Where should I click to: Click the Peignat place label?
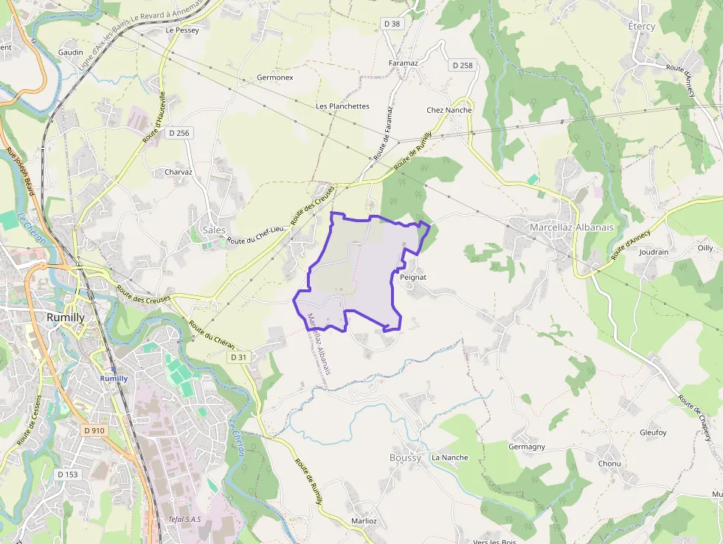pos(413,277)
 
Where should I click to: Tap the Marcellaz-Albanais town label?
pos(571,227)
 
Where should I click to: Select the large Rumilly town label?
pos(66,317)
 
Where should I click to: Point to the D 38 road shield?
pos(392,24)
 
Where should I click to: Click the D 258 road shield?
pos(461,65)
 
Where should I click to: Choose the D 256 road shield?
pos(179,133)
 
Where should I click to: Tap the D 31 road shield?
pos(238,357)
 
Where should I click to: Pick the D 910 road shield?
pos(94,430)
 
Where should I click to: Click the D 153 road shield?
pos(67,474)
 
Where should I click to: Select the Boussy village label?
pos(405,458)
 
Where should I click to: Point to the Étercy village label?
pos(641,27)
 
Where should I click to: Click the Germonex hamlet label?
pos(275,78)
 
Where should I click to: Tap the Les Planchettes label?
pos(342,106)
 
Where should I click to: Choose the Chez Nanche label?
pos(449,110)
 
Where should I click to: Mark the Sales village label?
pos(214,230)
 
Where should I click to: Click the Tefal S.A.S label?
pos(184,519)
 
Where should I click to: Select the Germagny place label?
pos(527,447)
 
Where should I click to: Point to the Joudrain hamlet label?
pos(654,252)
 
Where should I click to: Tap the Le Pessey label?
pos(182,30)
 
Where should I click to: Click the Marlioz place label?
pos(364,521)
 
